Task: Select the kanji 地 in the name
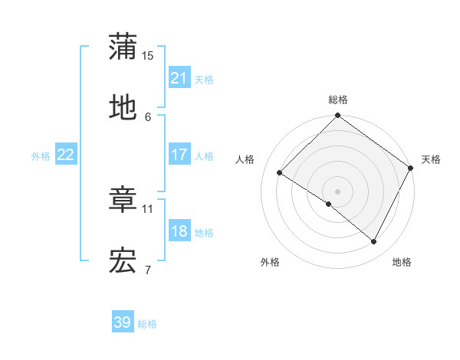tap(123, 107)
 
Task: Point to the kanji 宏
tap(123, 262)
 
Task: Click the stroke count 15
tap(148, 56)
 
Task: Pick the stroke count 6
tap(148, 116)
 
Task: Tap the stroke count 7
tap(148, 270)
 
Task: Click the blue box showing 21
tap(179, 78)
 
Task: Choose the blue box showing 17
tap(179, 155)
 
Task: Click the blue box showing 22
tap(66, 155)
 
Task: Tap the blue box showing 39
tap(123, 322)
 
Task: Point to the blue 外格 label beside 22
tap(41, 155)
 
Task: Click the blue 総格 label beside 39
tap(147, 323)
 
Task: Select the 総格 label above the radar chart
tap(337, 100)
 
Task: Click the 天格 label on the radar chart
tap(431, 159)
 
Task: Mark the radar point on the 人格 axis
tap(280, 173)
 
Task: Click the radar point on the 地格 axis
tap(374, 242)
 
